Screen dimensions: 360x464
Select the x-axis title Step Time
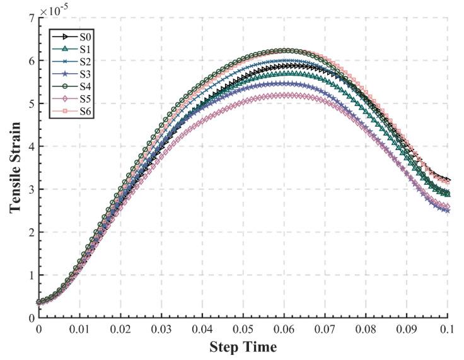(243, 347)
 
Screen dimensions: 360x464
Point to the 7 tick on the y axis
(30, 18)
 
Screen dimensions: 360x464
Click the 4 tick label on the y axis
(30, 146)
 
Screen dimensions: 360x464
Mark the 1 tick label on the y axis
(30, 275)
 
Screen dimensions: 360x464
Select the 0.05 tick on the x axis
(243, 329)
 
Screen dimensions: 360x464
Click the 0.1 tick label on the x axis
(447, 329)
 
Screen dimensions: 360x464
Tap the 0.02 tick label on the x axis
(120, 329)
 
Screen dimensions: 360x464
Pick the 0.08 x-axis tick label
(366, 329)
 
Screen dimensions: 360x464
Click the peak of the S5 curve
(284, 95)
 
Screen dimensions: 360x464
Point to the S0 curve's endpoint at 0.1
(447, 180)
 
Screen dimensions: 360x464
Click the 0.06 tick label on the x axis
(284, 329)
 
